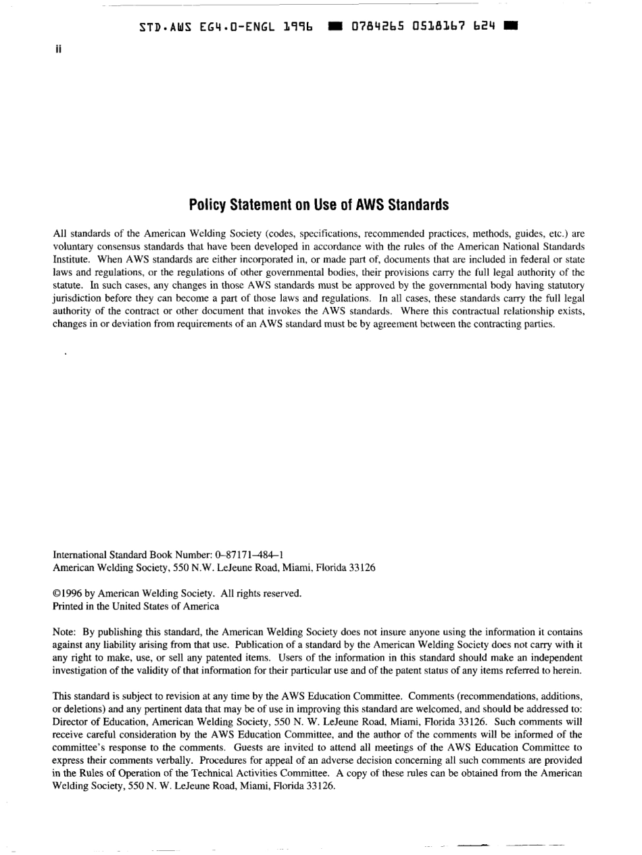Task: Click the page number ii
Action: click(57, 49)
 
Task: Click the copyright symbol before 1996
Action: click(56, 594)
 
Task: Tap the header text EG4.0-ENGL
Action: click(226, 27)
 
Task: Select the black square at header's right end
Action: click(512, 27)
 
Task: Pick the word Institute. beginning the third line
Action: click(70, 258)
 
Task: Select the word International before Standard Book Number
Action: click(80, 556)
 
